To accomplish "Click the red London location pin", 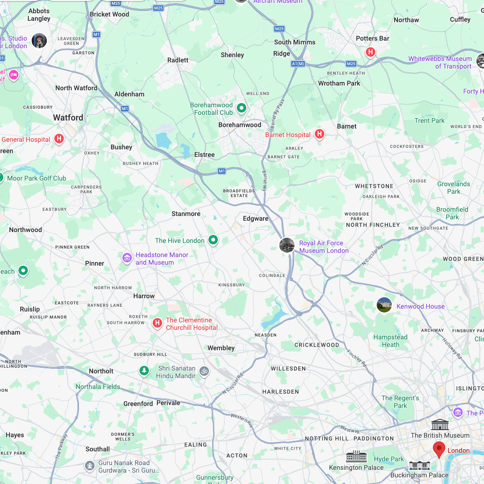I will tap(439, 449).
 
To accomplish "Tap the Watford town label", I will tap(68, 118).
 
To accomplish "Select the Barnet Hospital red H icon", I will tap(320, 135).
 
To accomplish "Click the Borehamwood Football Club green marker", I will tap(242, 108).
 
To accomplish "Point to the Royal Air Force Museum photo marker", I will tap(287, 245).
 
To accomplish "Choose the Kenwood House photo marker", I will tap(384, 305).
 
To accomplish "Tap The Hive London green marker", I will tap(213, 241).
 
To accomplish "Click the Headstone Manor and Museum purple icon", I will tap(127, 258).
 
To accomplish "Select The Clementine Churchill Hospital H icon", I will tap(157, 323).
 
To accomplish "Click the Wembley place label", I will tap(221, 348).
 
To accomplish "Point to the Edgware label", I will tap(256, 218).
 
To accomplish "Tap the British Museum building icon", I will tap(440, 424).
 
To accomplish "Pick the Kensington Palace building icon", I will tap(356, 457).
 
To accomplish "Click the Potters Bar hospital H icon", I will tap(371, 52).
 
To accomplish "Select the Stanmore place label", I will tap(186, 214).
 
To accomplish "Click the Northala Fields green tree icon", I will tap(144, 371).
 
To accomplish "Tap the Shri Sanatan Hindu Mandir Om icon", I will tap(204, 371).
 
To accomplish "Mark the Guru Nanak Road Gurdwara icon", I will tap(90, 467).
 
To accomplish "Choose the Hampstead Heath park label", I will tap(390, 341).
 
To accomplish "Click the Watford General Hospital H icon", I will tap(59, 139).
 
